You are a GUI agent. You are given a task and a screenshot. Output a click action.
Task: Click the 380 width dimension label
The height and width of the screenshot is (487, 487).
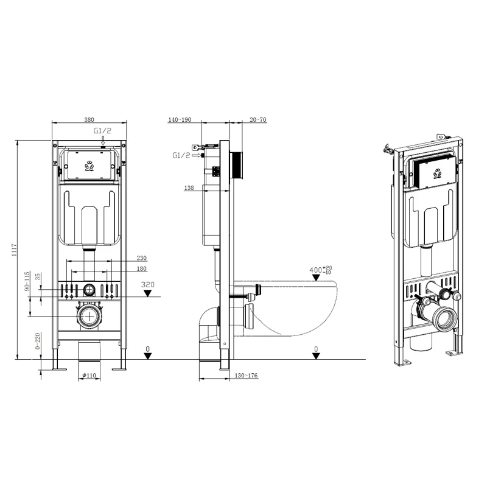[89, 120]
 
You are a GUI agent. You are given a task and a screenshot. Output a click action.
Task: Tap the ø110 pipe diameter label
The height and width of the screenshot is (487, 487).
[90, 376]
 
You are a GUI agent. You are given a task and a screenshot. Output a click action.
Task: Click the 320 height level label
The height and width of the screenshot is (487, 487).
[147, 284]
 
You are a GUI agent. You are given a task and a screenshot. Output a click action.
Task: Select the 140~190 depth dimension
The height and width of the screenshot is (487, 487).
[180, 120]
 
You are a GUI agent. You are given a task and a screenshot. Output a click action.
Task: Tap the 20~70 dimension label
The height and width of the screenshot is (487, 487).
[258, 120]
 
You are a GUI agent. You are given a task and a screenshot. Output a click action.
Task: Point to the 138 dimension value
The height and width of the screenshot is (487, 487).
[189, 188]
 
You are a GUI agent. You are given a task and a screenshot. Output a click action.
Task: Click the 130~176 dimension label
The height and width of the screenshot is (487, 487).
[246, 376]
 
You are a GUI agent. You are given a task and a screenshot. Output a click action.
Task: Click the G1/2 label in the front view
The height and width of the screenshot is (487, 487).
[102, 131]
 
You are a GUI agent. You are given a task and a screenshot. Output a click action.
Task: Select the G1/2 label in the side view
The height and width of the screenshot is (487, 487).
[181, 155]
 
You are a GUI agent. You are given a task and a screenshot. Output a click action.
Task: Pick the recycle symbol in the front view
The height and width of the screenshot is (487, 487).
[89, 164]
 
